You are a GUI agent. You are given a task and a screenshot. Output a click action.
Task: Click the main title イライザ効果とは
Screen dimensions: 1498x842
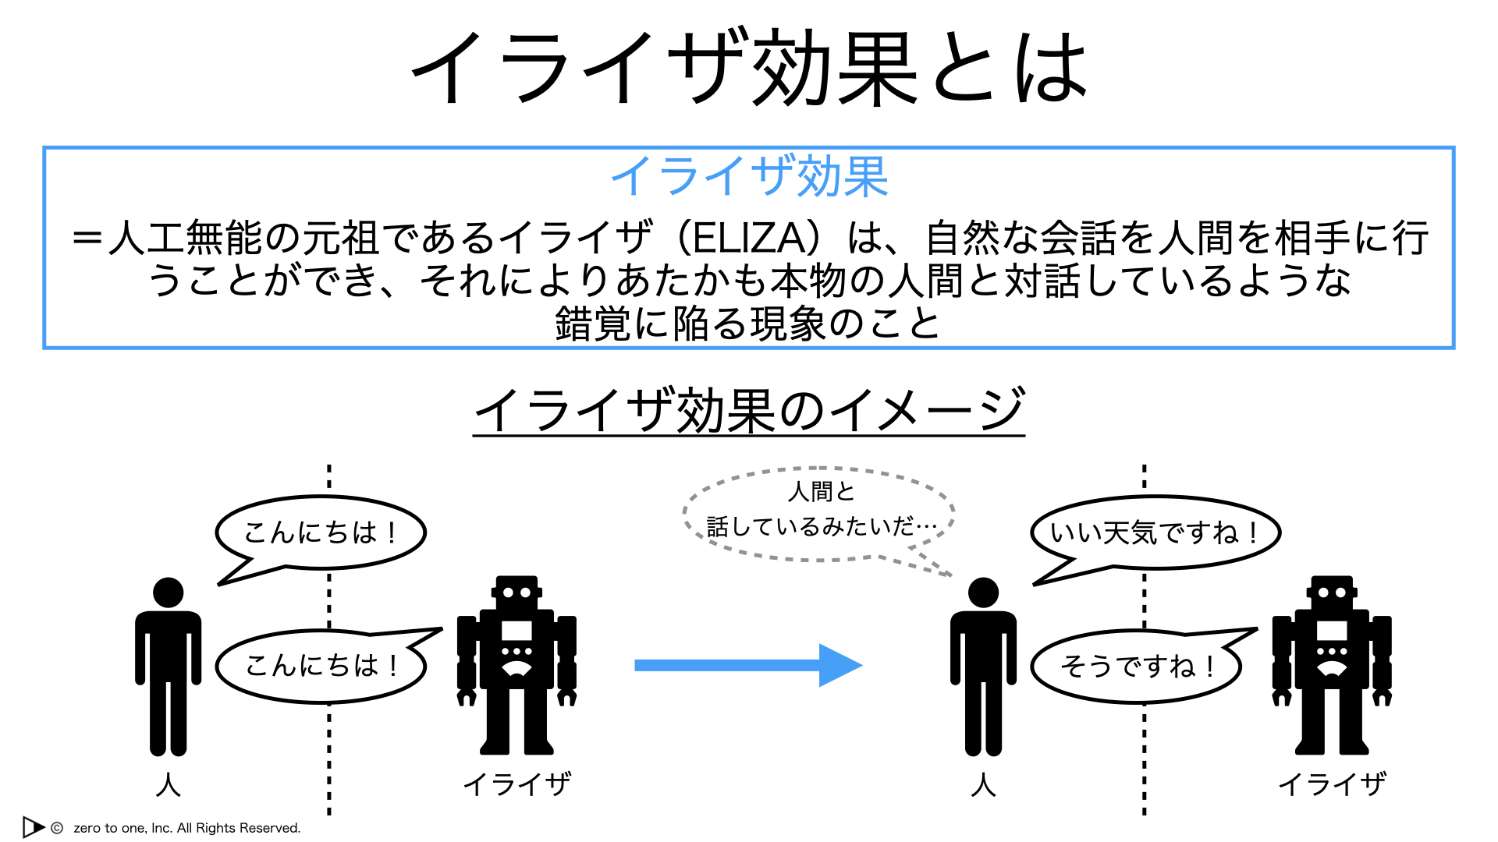coord(749,69)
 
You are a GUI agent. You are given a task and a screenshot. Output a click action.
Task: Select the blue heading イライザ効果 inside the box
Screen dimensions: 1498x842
coord(749,176)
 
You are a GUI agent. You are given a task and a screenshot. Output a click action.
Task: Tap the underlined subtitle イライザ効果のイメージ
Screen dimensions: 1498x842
coord(749,410)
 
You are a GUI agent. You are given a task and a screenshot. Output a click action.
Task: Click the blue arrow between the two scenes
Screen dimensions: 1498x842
coord(748,665)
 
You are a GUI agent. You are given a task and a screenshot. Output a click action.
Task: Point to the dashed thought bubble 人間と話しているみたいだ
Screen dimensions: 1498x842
coord(819,515)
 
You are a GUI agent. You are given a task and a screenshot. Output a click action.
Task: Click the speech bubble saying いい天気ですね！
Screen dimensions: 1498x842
coord(1155,533)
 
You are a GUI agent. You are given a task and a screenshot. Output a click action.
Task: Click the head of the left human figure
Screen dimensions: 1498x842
coord(168,593)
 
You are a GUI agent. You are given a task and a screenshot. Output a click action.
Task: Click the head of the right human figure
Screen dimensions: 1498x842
coord(983,593)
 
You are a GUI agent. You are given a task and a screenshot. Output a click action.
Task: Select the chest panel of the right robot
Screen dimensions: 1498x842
coord(1332,630)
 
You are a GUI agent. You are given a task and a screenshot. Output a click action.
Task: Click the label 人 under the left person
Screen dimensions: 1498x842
coord(168,784)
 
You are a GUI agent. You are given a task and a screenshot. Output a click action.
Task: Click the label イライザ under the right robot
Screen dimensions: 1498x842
coord(1333,784)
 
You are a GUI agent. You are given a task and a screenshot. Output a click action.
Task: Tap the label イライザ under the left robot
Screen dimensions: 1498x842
coord(517,784)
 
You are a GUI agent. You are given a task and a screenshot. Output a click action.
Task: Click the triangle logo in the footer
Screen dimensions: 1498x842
coord(34,826)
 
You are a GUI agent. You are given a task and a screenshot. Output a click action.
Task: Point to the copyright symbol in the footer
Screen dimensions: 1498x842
coord(57,828)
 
